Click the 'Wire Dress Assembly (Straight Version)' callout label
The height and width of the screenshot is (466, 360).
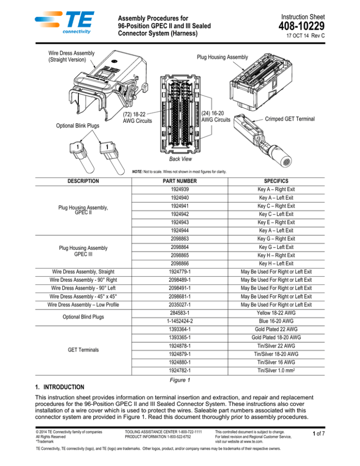tap(68, 57)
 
